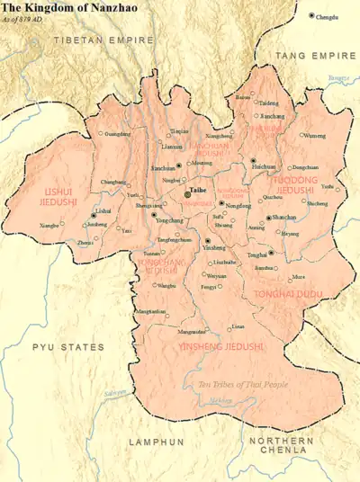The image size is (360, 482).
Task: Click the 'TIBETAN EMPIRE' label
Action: [x=92, y=41]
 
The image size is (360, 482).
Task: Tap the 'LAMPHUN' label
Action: [x=156, y=442]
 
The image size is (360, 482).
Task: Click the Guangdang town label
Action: [x=117, y=134]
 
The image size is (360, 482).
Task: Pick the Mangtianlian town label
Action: [x=149, y=311]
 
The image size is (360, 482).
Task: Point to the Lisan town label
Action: [x=237, y=326]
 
